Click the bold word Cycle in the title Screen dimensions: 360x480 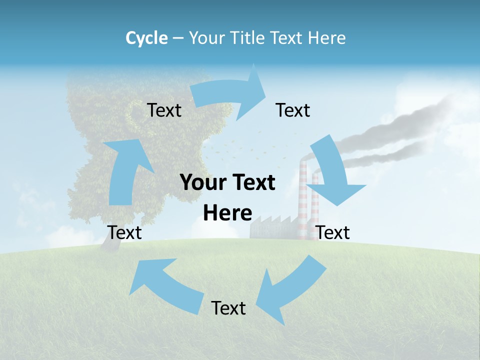(x=146, y=38)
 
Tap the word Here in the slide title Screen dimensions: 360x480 (x=327, y=38)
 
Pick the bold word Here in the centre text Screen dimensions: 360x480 (x=227, y=213)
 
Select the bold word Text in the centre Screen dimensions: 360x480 (x=250, y=183)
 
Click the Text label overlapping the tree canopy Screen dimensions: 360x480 (x=164, y=110)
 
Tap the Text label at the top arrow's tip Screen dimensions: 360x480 (x=293, y=110)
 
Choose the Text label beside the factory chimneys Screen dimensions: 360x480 (x=333, y=232)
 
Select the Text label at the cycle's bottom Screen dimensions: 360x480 (x=228, y=308)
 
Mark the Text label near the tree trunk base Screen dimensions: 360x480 (x=124, y=232)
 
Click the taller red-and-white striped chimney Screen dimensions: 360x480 (x=303, y=200)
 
